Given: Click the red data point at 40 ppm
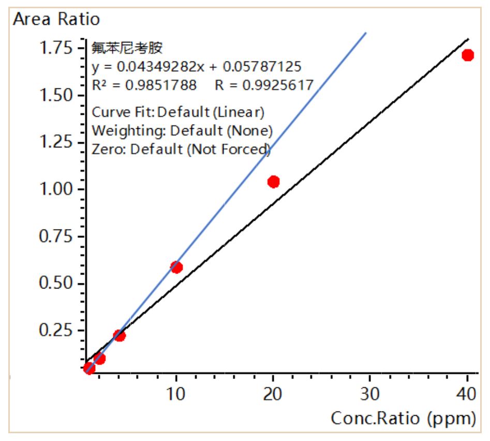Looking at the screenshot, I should (468, 55).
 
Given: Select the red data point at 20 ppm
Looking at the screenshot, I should (274, 181).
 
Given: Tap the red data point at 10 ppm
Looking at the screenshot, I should (176, 267).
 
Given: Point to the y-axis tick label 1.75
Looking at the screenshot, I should (56, 49).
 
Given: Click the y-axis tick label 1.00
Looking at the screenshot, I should (56, 189).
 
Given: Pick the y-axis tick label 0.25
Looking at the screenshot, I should (56, 330).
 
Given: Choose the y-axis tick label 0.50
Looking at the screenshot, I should (56, 283).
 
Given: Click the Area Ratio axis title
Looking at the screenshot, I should (56, 20).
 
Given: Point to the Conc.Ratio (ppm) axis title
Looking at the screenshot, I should (403, 418).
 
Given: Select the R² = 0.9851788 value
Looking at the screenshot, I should (144, 85).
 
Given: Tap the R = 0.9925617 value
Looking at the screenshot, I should (264, 85).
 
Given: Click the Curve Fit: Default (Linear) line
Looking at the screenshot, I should (178, 112).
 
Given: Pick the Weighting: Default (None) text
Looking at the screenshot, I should (182, 131).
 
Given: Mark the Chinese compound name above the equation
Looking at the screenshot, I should (127, 49).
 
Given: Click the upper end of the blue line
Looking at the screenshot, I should (365, 34).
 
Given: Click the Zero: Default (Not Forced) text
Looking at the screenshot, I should (181, 149).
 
